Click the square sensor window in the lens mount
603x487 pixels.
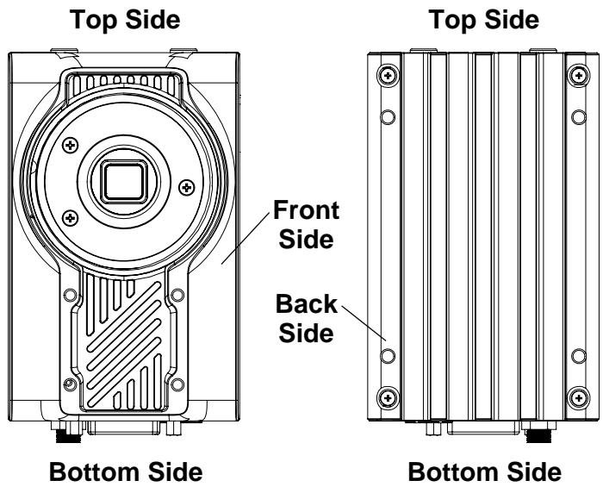click(124, 182)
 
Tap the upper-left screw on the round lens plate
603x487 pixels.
click(71, 146)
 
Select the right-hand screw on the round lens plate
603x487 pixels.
click(187, 187)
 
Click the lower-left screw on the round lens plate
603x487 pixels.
click(71, 218)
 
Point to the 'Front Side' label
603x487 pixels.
click(306, 225)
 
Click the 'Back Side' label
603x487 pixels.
click(306, 318)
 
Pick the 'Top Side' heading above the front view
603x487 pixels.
click(125, 19)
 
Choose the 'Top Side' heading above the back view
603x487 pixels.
click(484, 19)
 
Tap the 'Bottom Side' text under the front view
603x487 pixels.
click(126, 471)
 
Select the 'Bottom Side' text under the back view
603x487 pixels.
click(484, 471)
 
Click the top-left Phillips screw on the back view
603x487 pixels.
click(388, 75)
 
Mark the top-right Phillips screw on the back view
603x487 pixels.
click(579, 75)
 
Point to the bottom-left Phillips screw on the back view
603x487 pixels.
click(388, 397)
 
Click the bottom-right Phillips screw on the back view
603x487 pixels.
click(579, 397)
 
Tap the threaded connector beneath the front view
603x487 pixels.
click(68, 436)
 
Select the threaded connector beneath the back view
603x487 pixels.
click(538, 436)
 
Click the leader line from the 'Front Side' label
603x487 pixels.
click(246, 239)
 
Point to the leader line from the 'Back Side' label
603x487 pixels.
click(364, 323)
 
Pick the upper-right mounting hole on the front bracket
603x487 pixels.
click(177, 295)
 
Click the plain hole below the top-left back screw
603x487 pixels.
click(388, 117)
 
